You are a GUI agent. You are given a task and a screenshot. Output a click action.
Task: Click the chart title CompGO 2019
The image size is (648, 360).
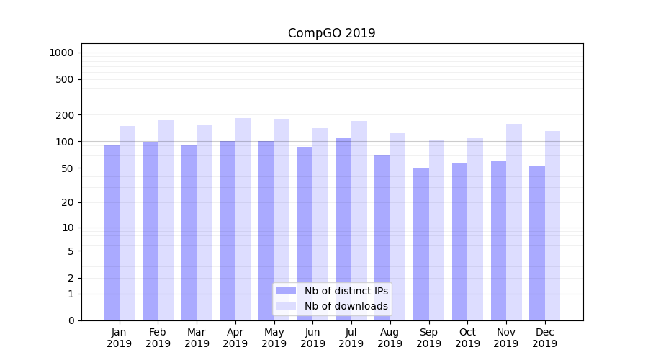click(x=331, y=33)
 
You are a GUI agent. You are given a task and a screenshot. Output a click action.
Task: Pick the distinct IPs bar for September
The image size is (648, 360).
click(x=421, y=244)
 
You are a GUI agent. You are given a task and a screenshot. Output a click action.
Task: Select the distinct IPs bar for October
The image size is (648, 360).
click(x=459, y=242)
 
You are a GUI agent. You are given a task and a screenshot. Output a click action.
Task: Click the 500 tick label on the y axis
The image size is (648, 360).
click(x=66, y=79)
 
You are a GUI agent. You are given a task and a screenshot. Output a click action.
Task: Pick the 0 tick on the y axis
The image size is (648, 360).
click(x=71, y=320)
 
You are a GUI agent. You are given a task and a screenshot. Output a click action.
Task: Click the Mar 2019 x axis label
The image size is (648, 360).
click(x=197, y=338)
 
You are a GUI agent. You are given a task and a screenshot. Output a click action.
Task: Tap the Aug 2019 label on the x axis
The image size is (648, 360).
click(x=390, y=338)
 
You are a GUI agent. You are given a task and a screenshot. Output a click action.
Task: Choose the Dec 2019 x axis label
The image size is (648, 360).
click(x=544, y=338)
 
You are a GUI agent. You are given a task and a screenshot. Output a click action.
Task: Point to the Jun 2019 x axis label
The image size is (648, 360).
click(x=312, y=338)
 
